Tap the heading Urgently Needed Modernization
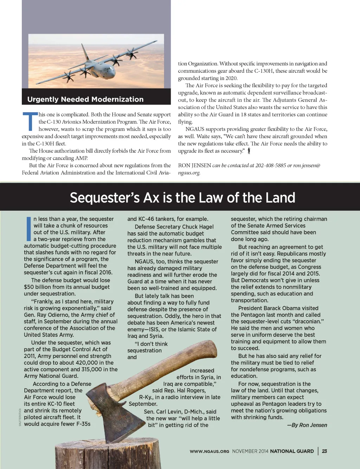pos(85,99)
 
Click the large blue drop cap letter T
pos(30,121)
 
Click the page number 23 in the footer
pos(324,451)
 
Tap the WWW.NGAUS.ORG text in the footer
pos(209,451)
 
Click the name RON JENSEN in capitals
pos(194,166)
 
